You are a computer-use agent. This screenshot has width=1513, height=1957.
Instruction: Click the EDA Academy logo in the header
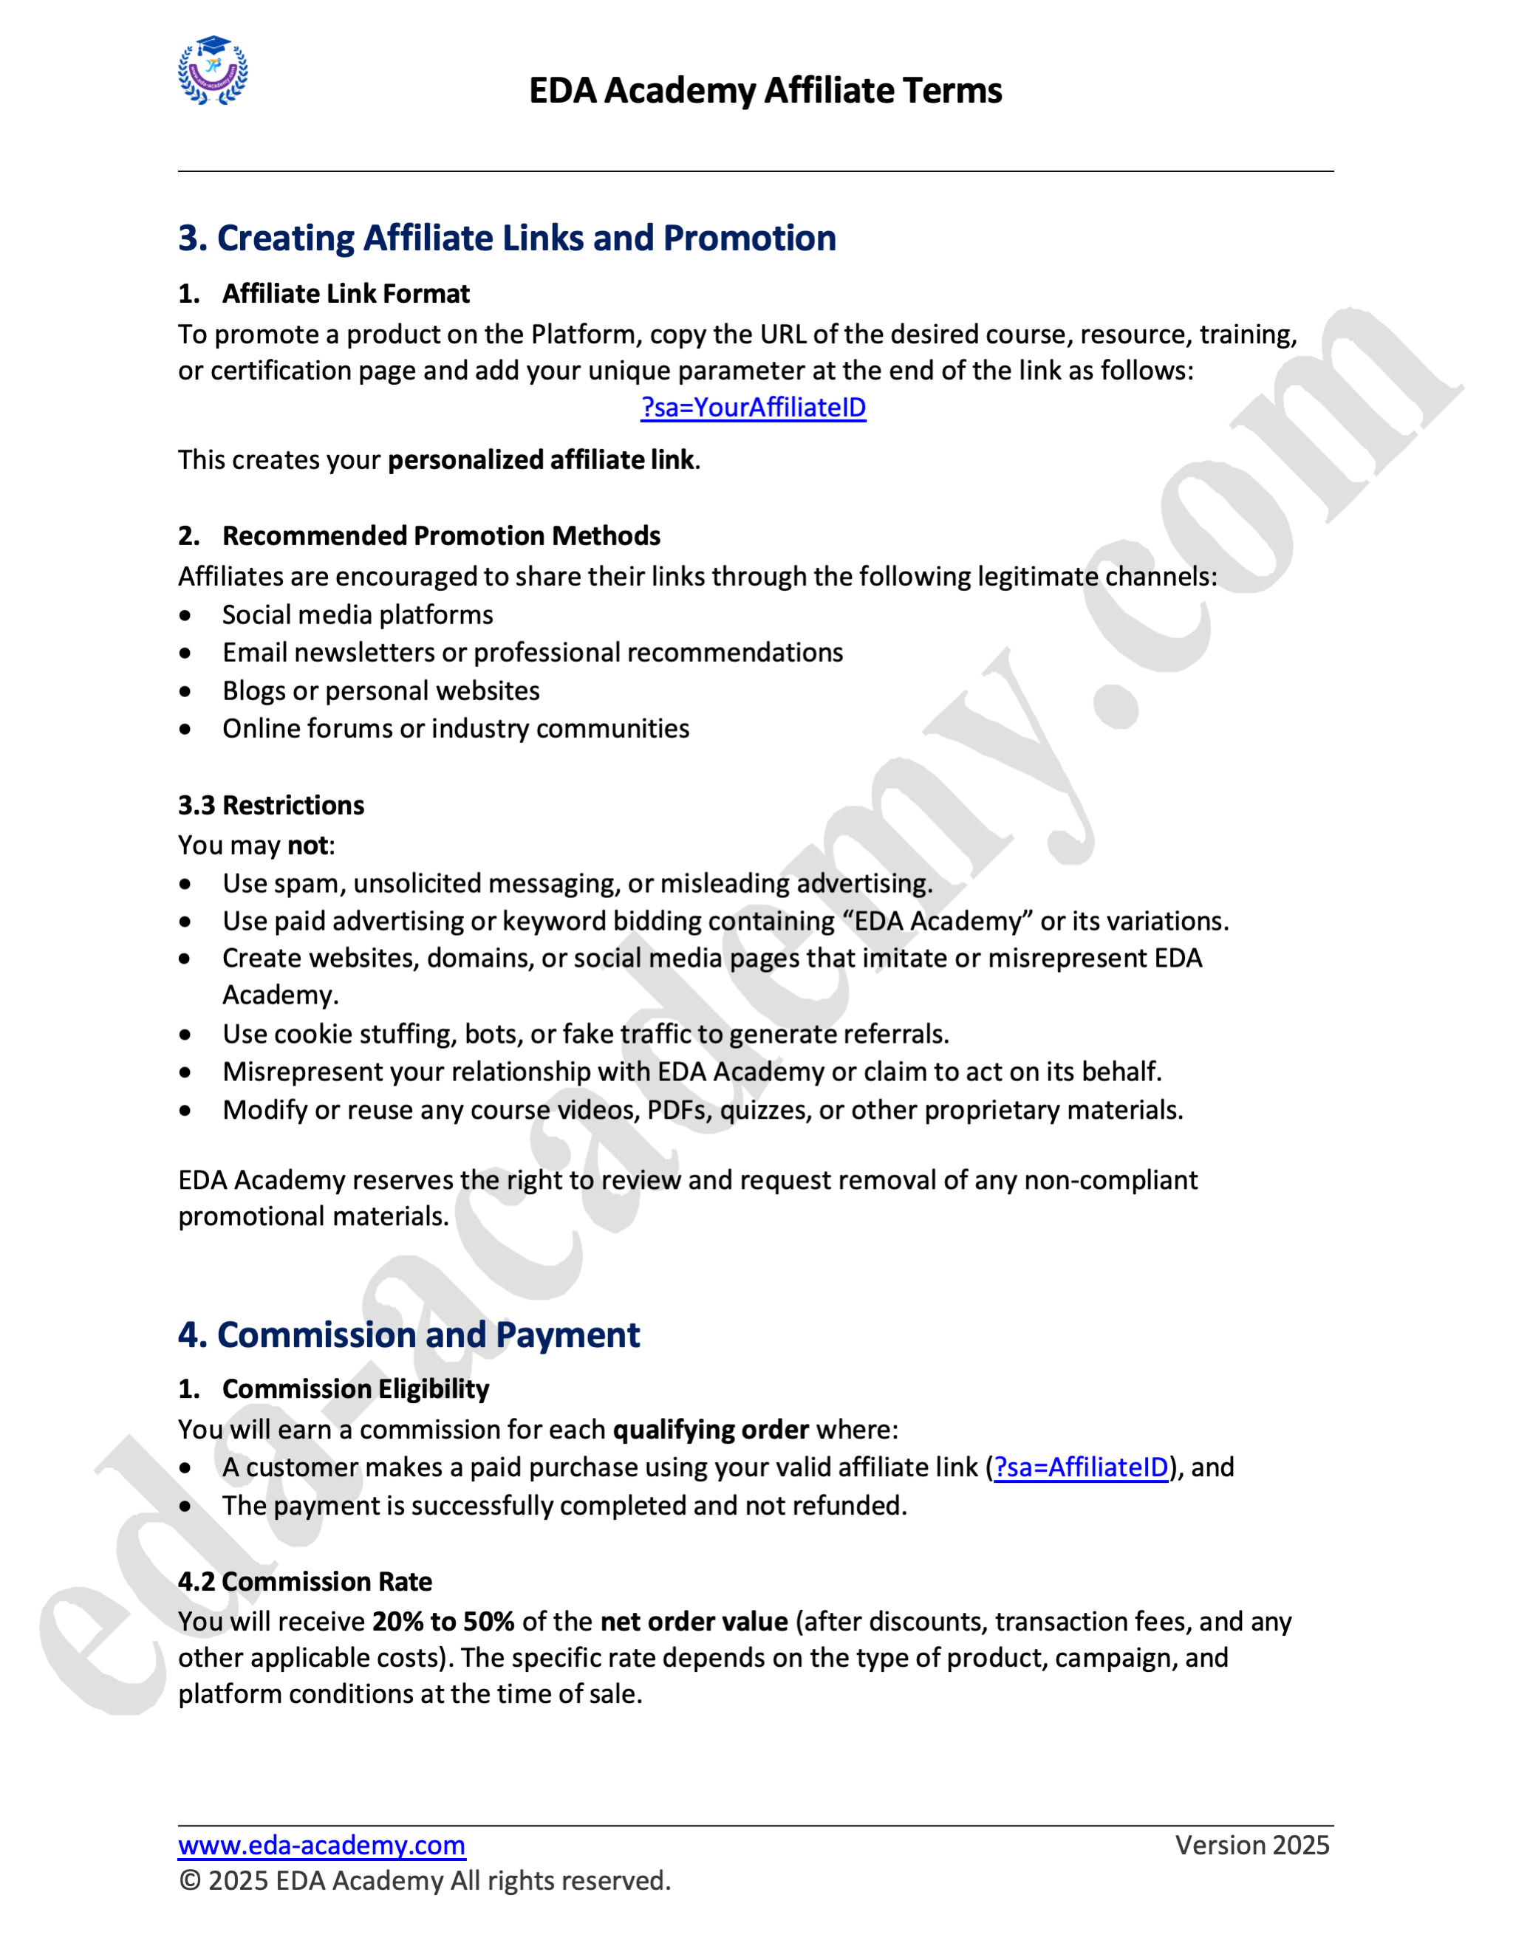[213, 71]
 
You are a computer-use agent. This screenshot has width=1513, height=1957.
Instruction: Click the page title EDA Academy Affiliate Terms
[765, 91]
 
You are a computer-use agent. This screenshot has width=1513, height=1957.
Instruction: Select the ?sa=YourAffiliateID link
[753, 408]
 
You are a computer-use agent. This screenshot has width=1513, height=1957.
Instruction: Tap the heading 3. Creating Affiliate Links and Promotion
[506, 239]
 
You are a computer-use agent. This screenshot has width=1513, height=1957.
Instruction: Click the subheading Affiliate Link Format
[345, 294]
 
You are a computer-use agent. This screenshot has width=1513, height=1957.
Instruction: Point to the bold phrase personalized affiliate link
[541, 459]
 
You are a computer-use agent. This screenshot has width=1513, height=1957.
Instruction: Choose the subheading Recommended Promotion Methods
[441, 536]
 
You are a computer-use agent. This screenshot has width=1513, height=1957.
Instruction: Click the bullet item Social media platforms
[358, 614]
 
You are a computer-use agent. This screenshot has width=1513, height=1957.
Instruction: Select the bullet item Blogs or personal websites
[381, 691]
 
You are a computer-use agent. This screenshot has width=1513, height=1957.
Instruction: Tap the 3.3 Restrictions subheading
[270, 806]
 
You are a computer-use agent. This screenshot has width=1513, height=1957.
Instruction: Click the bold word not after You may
[307, 845]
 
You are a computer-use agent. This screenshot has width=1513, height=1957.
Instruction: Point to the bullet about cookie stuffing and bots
[585, 1034]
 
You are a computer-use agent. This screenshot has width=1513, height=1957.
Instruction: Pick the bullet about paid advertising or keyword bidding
[725, 921]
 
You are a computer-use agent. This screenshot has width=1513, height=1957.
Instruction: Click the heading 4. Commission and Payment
[409, 1335]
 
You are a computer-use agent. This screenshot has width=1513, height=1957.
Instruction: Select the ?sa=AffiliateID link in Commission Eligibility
[1081, 1468]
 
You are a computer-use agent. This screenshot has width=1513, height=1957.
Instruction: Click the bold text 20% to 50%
[443, 1622]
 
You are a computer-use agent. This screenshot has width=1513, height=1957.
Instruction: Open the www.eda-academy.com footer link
[321, 1846]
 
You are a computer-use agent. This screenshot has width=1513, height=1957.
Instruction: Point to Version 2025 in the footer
[1251, 1846]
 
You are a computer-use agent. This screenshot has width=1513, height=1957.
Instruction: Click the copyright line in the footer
[424, 1881]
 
